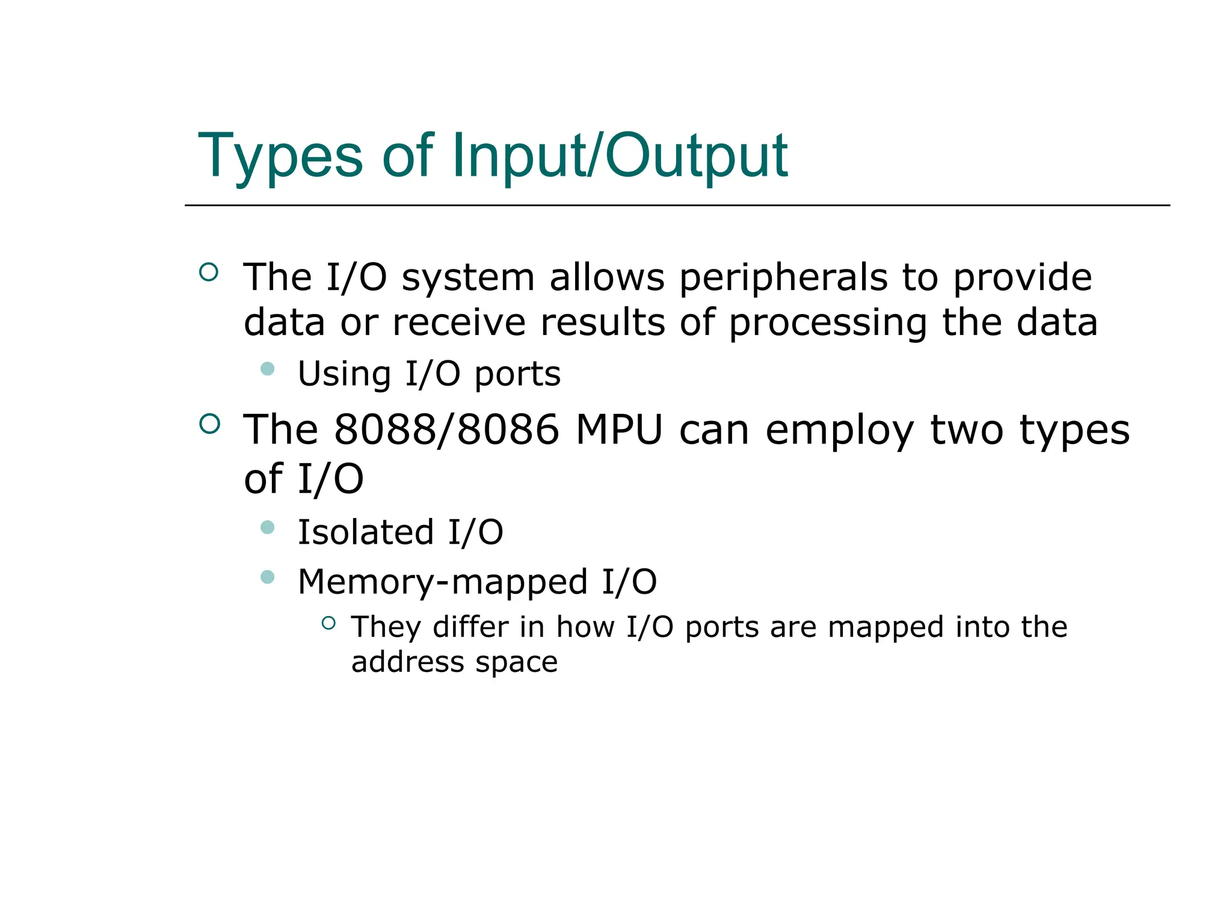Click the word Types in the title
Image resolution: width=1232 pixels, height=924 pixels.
(280, 156)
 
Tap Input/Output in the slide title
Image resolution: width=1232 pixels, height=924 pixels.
(619, 156)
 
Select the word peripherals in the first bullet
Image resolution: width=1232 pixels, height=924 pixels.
(783, 278)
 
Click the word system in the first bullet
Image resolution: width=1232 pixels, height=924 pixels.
(468, 278)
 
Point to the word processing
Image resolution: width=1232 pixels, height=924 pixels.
(828, 323)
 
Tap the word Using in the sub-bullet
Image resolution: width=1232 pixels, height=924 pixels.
(344, 374)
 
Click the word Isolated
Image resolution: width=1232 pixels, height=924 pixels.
(366, 532)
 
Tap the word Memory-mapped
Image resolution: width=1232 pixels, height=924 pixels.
(443, 582)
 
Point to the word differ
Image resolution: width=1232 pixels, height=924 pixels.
(469, 627)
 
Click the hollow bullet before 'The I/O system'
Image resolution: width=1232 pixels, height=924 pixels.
(209, 273)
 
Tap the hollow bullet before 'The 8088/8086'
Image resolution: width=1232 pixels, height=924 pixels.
(209, 424)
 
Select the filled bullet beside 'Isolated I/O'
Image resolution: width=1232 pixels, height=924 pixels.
(268, 528)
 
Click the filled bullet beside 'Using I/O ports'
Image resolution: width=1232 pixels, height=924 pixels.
(268, 369)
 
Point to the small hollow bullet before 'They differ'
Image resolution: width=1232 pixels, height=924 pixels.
(328, 623)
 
